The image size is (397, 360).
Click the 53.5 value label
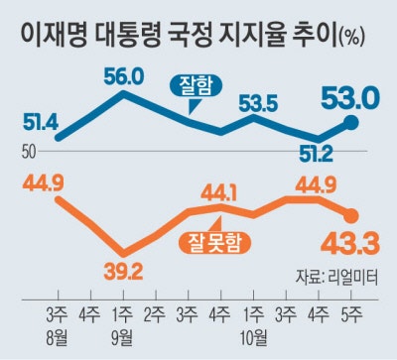point(257,104)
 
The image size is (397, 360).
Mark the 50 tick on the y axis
point(27,152)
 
